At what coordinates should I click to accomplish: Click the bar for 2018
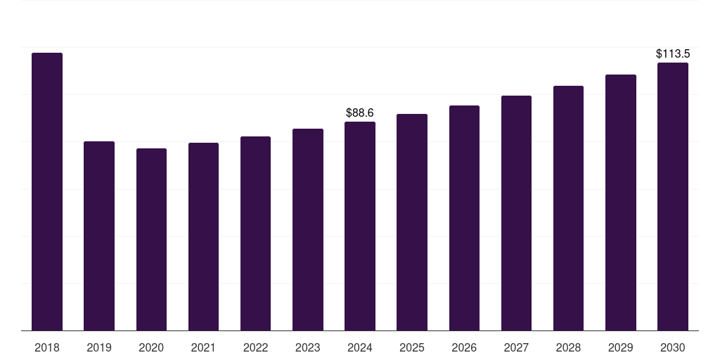pyautogui.click(x=47, y=191)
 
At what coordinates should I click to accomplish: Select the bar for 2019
pyautogui.click(x=99, y=236)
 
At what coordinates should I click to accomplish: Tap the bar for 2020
pyautogui.click(x=151, y=239)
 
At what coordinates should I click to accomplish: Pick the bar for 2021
pyautogui.click(x=203, y=236)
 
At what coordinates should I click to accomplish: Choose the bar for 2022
pyautogui.click(x=255, y=233)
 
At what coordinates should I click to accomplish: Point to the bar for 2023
pyautogui.click(x=308, y=229)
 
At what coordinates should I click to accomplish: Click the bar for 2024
pyautogui.click(x=360, y=226)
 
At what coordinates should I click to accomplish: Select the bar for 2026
pyautogui.click(x=464, y=218)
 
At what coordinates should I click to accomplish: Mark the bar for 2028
pyautogui.click(x=568, y=208)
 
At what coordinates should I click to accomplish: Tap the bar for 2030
pyautogui.click(x=673, y=196)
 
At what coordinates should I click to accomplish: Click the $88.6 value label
pyautogui.click(x=360, y=112)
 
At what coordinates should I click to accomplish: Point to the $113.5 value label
pyautogui.click(x=673, y=53)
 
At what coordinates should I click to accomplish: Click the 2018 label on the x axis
pyautogui.click(x=47, y=347)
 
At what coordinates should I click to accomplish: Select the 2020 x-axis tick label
pyautogui.click(x=151, y=347)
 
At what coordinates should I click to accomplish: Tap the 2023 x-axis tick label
pyautogui.click(x=308, y=347)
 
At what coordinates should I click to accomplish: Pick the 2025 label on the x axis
pyautogui.click(x=412, y=347)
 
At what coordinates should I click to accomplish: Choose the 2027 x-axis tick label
pyautogui.click(x=516, y=347)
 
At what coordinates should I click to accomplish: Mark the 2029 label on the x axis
pyautogui.click(x=621, y=347)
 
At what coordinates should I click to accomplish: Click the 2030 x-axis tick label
pyautogui.click(x=673, y=347)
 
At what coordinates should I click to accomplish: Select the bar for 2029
pyautogui.click(x=621, y=202)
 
